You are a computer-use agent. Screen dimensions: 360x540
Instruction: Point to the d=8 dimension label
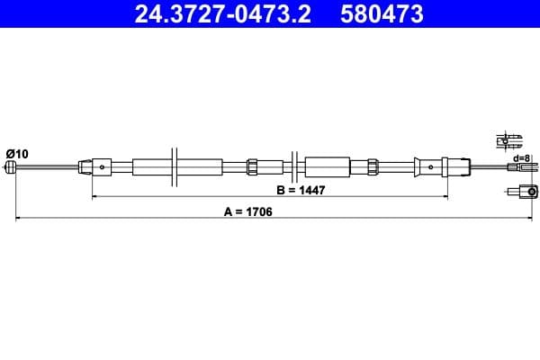click(x=522, y=158)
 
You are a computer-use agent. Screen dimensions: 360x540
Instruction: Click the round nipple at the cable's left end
click(x=12, y=167)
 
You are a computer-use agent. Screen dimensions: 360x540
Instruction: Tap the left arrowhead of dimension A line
click(x=15, y=218)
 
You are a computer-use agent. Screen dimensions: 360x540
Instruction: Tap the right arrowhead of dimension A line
click(x=536, y=218)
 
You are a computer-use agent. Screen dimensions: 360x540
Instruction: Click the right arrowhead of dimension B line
click(x=446, y=195)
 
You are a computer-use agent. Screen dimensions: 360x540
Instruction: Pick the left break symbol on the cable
click(x=175, y=166)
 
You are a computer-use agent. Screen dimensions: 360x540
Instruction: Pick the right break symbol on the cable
click(x=294, y=166)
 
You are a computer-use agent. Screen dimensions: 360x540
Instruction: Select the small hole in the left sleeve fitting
click(x=105, y=166)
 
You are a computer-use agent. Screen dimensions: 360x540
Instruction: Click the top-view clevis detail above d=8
click(x=511, y=140)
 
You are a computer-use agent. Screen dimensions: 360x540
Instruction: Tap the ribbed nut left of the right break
click(x=253, y=166)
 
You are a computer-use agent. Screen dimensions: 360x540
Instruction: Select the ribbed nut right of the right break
click(x=371, y=166)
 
